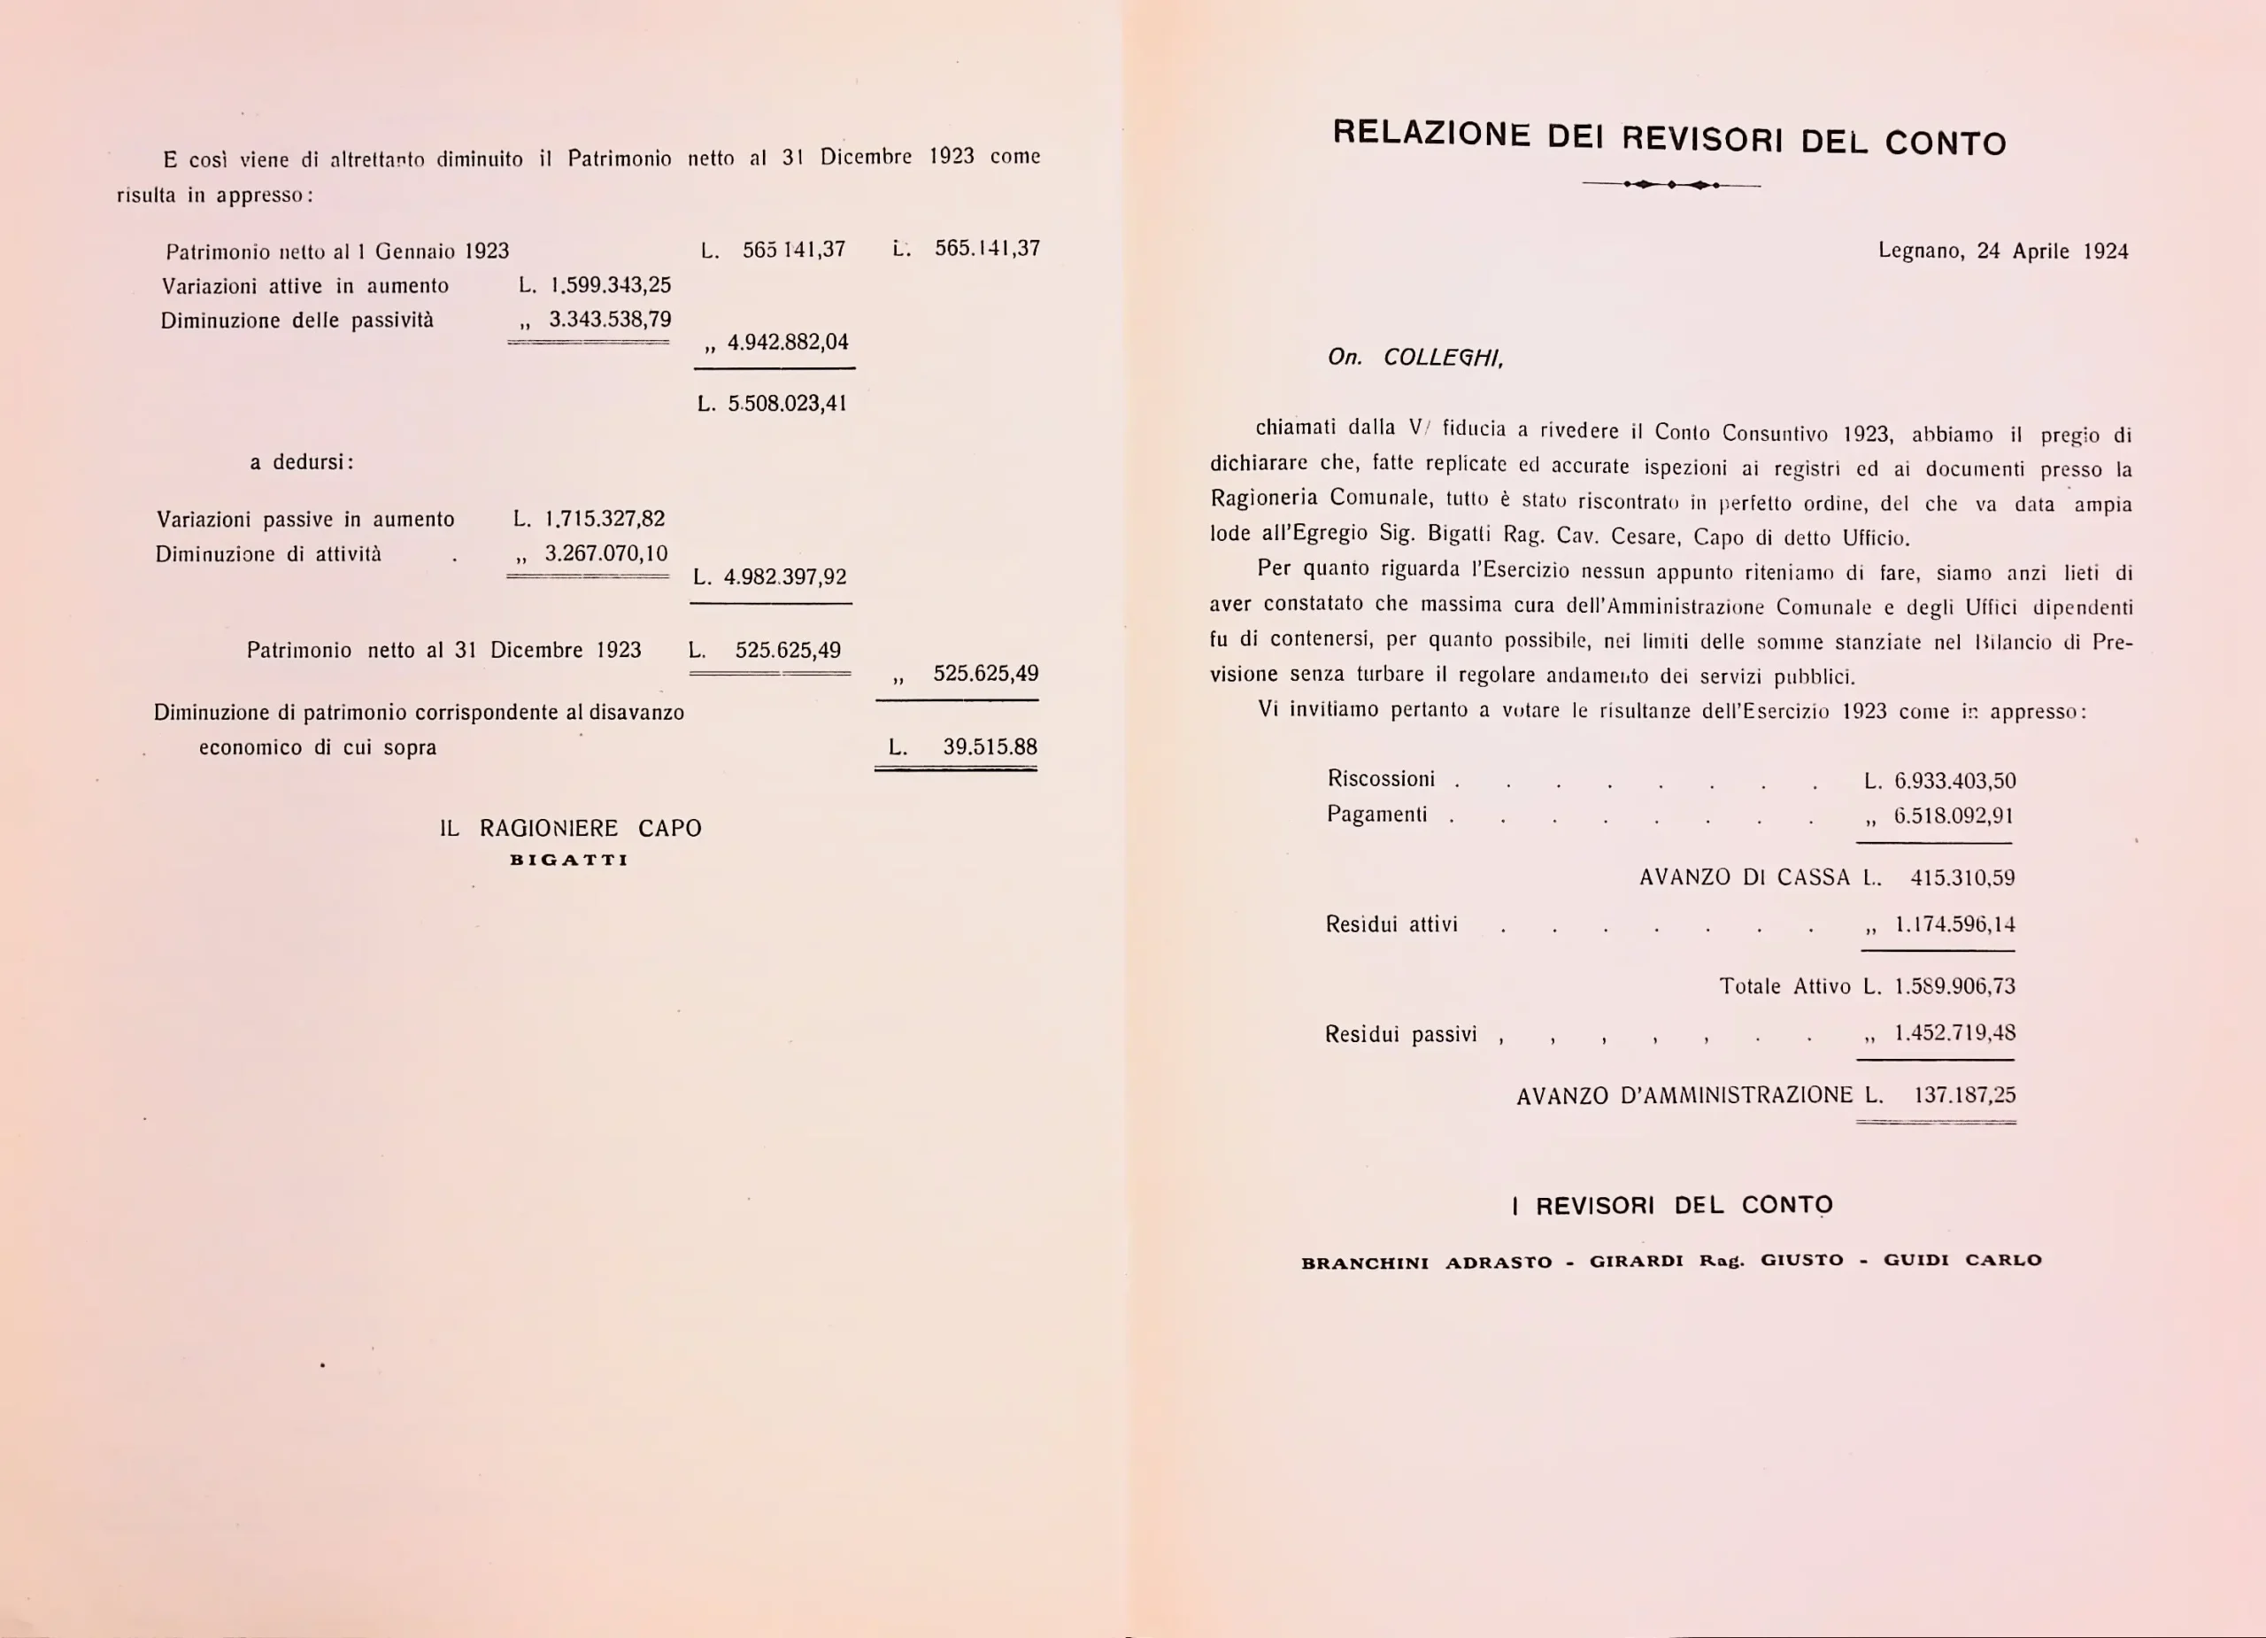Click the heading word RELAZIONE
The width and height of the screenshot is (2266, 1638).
1430,133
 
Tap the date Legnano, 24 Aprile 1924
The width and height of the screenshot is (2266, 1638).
2002,251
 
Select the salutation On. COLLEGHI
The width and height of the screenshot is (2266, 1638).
1414,358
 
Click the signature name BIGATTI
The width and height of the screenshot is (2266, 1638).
568,860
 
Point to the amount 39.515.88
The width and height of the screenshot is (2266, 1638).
989,746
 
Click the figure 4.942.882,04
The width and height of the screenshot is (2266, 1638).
787,342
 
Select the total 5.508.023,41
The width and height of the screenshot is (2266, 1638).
786,403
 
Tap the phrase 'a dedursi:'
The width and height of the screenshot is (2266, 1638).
302,461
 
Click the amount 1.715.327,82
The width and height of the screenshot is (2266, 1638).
604,518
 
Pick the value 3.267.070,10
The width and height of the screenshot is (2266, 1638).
605,552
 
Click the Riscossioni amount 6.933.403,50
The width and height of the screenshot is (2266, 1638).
1954,781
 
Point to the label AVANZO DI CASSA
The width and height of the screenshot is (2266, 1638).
1745,877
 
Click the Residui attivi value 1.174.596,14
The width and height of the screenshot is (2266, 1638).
1954,924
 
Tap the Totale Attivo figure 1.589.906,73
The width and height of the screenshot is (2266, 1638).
1954,986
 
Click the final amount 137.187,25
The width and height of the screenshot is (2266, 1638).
1964,1094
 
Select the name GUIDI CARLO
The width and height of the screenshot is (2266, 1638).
1962,1259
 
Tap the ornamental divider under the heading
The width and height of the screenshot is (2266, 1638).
1671,185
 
